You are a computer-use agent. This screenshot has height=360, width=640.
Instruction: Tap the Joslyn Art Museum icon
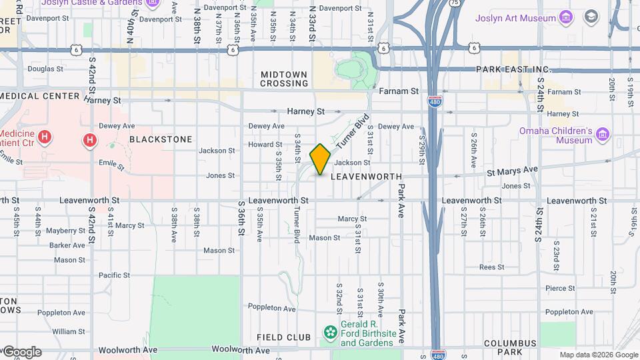(566, 17)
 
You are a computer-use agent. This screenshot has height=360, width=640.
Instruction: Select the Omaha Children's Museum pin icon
(603, 135)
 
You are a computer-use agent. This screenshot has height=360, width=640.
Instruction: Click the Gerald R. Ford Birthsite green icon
(329, 332)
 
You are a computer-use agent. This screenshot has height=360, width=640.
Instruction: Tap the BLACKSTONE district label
(161, 139)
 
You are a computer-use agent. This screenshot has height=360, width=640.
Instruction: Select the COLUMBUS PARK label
(511, 348)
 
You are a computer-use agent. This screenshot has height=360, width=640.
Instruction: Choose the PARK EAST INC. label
(514, 69)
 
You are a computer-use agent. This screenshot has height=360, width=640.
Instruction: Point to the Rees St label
(491, 267)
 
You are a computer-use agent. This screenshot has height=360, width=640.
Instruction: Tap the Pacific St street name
(114, 275)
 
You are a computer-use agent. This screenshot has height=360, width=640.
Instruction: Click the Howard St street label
(265, 144)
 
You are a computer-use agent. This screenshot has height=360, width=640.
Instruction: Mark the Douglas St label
(45, 69)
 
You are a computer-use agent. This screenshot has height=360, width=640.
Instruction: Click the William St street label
(68, 331)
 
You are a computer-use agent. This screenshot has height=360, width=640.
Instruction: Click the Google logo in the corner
(21, 352)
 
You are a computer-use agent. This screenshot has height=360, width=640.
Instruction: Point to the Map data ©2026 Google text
(599, 355)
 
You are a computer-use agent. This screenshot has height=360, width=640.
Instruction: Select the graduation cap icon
(591, 17)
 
